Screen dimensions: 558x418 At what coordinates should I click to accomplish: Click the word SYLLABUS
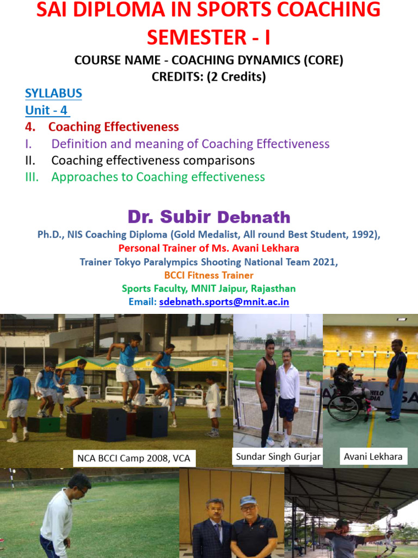(x=53, y=93)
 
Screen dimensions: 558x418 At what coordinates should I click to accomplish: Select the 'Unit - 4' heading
(x=47, y=110)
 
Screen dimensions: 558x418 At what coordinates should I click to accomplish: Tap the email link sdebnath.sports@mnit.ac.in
(x=224, y=301)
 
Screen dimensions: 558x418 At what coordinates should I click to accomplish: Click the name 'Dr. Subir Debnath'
(x=209, y=217)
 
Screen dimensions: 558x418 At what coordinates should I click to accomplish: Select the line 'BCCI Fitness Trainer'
(x=208, y=275)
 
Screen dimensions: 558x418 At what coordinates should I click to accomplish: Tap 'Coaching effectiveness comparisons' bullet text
(x=153, y=160)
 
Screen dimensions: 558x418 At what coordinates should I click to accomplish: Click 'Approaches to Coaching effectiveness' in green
(x=158, y=177)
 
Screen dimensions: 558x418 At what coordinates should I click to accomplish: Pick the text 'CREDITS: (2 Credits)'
(x=208, y=77)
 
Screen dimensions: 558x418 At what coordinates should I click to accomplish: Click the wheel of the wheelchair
(x=343, y=408)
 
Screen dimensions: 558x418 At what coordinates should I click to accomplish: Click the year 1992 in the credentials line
(x=366, y=235)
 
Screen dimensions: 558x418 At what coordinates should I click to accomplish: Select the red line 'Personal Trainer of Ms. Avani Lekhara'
(x=208, y=248)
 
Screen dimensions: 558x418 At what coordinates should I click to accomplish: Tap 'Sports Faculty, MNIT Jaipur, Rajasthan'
(x=208, y=288)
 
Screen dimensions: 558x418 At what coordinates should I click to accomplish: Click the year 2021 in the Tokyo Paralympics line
(x=325, y=262)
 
